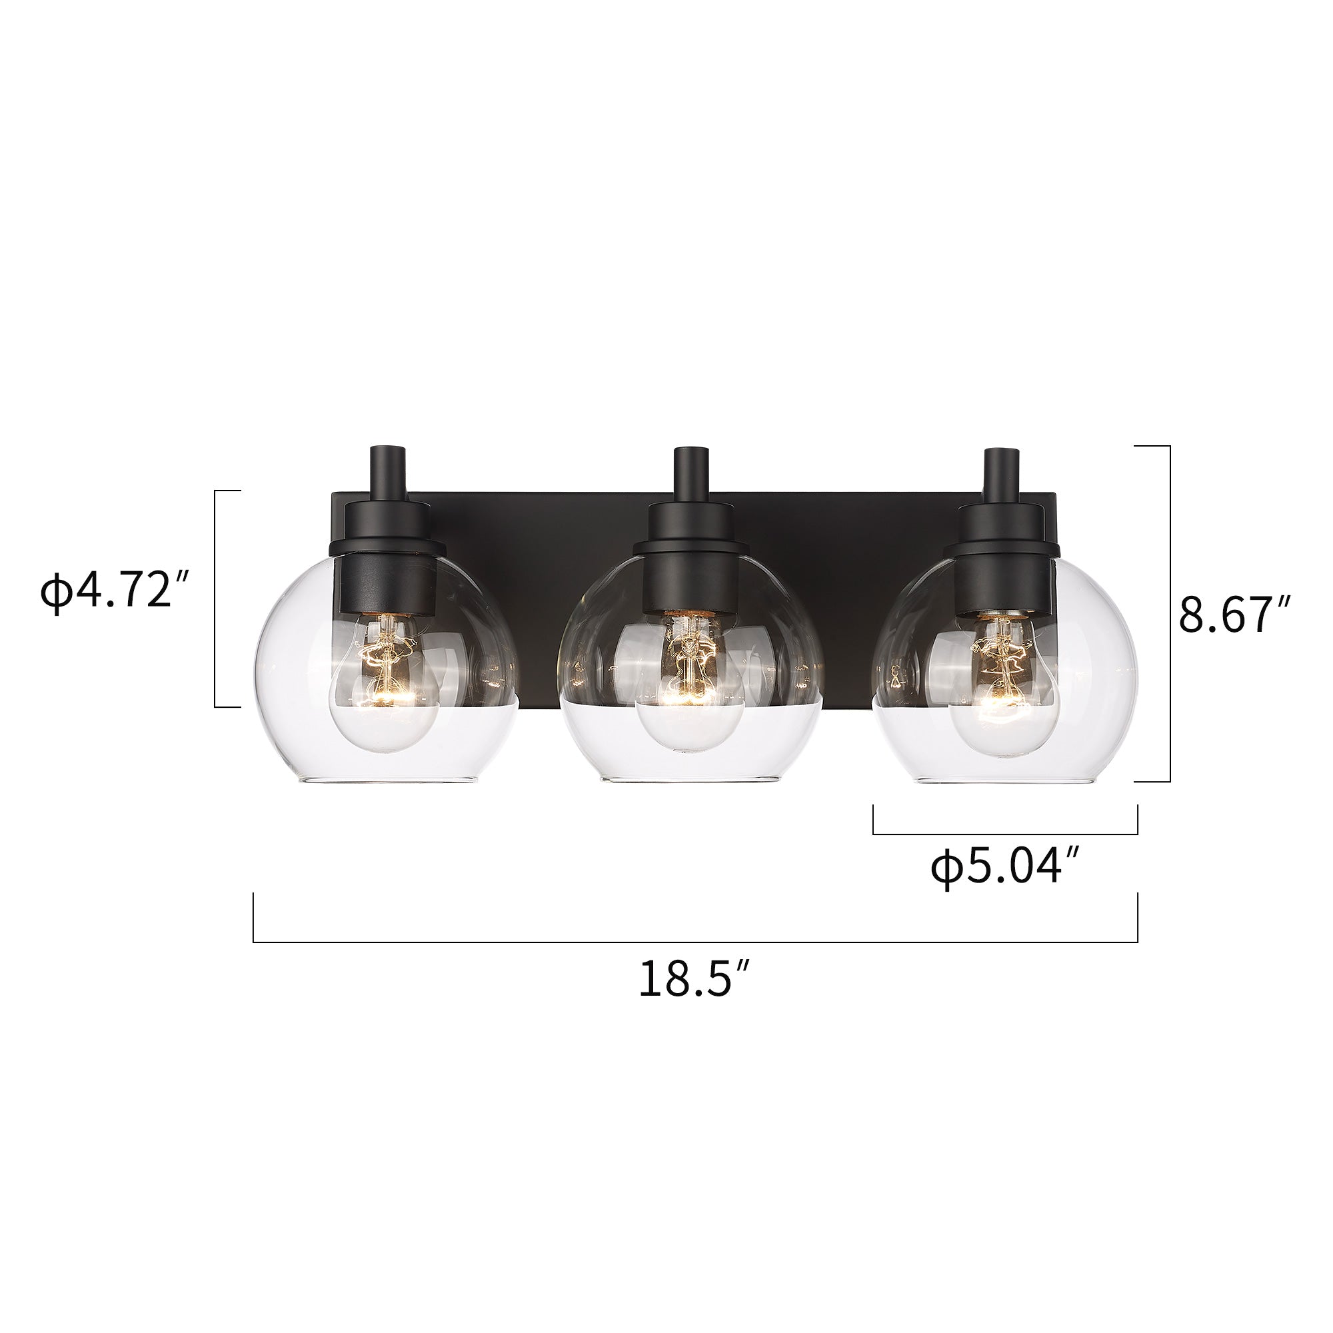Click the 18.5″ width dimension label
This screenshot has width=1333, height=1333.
pos(694,978)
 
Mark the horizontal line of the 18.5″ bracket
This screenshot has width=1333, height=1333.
pos(694,942)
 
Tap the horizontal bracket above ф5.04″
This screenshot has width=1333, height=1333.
pos(1004,834)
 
